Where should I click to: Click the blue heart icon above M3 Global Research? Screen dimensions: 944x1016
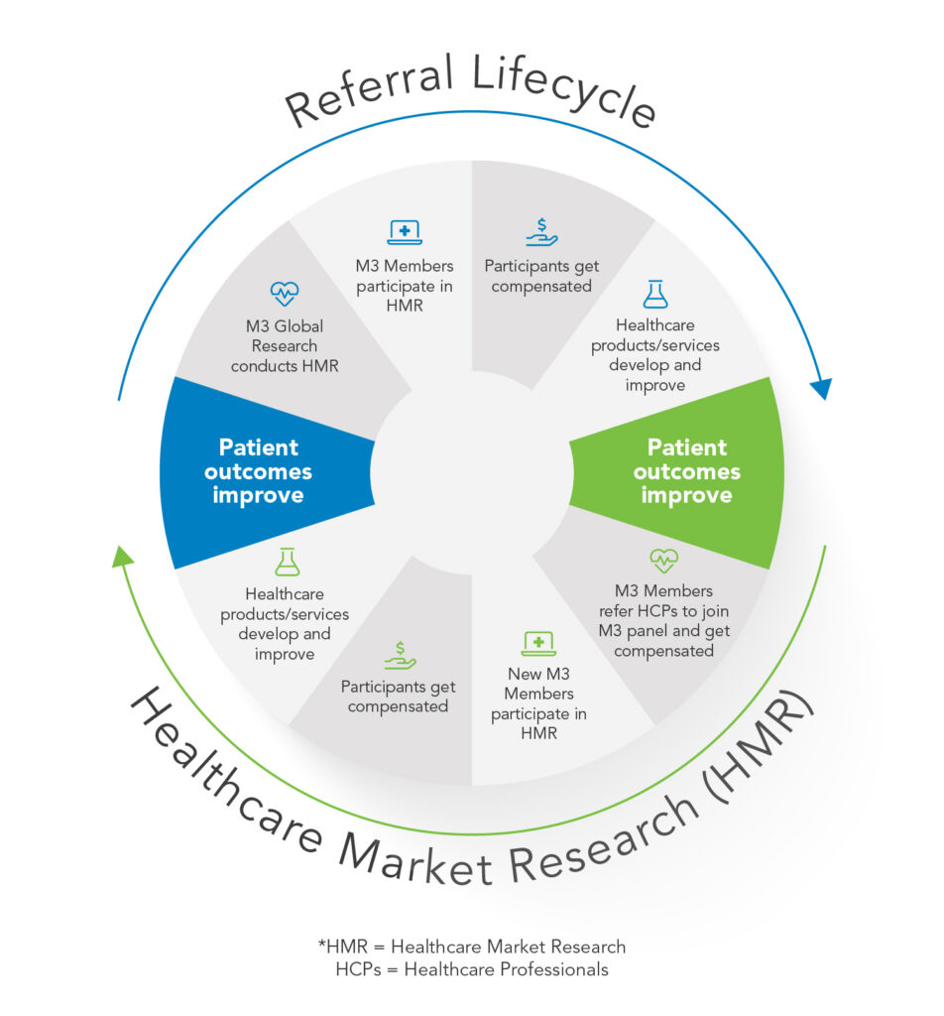(285, 294)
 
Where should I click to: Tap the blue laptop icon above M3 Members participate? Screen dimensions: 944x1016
(405, 232)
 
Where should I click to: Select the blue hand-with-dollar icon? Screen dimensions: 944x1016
(542, 232)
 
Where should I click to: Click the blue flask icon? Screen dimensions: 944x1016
(655, 294)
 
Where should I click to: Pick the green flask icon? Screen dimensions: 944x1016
(287, 562)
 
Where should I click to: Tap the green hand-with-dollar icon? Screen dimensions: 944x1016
(401, 655)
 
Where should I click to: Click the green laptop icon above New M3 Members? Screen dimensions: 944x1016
(538, 643)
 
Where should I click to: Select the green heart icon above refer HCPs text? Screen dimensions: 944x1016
(663, 561)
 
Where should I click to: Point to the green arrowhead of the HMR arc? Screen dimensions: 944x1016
(122, 557)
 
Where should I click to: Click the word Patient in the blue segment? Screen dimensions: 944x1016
(259, 447)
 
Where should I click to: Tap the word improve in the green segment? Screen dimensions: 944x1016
(687, 496)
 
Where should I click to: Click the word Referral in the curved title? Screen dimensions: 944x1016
(370, 90)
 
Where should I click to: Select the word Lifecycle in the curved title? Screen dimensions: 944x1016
(564, 88)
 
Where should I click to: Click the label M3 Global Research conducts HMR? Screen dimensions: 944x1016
(285, 346)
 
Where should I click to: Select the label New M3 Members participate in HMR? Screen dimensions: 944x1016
(538, 703)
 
